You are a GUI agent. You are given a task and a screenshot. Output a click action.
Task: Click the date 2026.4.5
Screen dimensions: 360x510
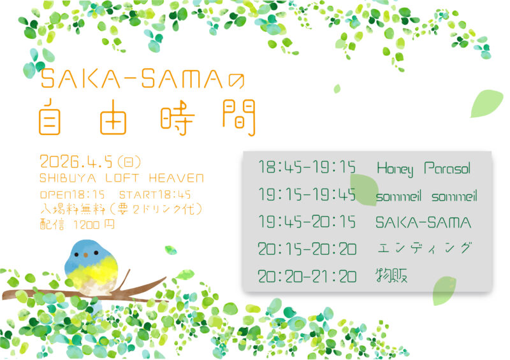[x=71, y=160]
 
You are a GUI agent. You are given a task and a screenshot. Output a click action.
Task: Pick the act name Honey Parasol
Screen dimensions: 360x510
[x=423, y=169]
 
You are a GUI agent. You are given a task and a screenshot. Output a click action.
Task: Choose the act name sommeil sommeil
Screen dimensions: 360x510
[x=426, y=196]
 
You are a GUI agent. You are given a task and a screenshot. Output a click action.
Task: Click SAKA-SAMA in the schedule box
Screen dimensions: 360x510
[x=423, y=222]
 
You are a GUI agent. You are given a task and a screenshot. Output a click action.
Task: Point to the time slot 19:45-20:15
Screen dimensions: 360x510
[x=307, y=222]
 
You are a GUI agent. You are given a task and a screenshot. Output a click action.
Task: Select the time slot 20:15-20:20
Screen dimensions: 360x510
[x=307, y=249]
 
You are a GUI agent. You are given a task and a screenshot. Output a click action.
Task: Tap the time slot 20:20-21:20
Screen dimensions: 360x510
[x=307, y=277]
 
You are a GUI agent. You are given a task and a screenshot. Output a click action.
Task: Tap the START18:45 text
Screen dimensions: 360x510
[x=155, y=194]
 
